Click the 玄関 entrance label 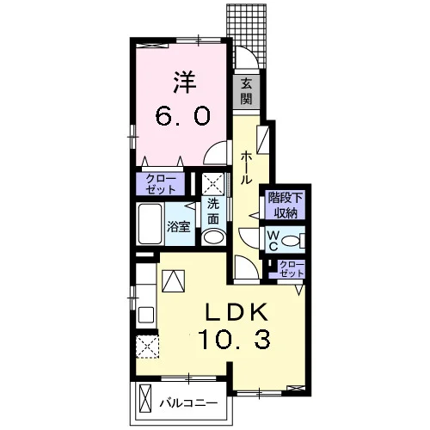tap(246, 91)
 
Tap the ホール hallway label tap(246, 169)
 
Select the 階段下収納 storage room tap(285, 206)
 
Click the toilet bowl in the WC tap(291, 240)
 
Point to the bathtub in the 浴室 tap(150, 224)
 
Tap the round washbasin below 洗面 tap(213, 236)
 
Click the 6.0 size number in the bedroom tap(182, 116)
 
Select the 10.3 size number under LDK tap(234, 339)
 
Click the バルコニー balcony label tap(188, 403)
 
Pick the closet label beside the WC tap(292, 269)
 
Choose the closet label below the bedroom tap(161, 184)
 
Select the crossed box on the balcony tap(144, 399)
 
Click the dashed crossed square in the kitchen tap(147, 347)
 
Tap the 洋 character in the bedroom tap(185, 83)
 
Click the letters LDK tap(236, 311)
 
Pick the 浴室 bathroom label tap(179, 227)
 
